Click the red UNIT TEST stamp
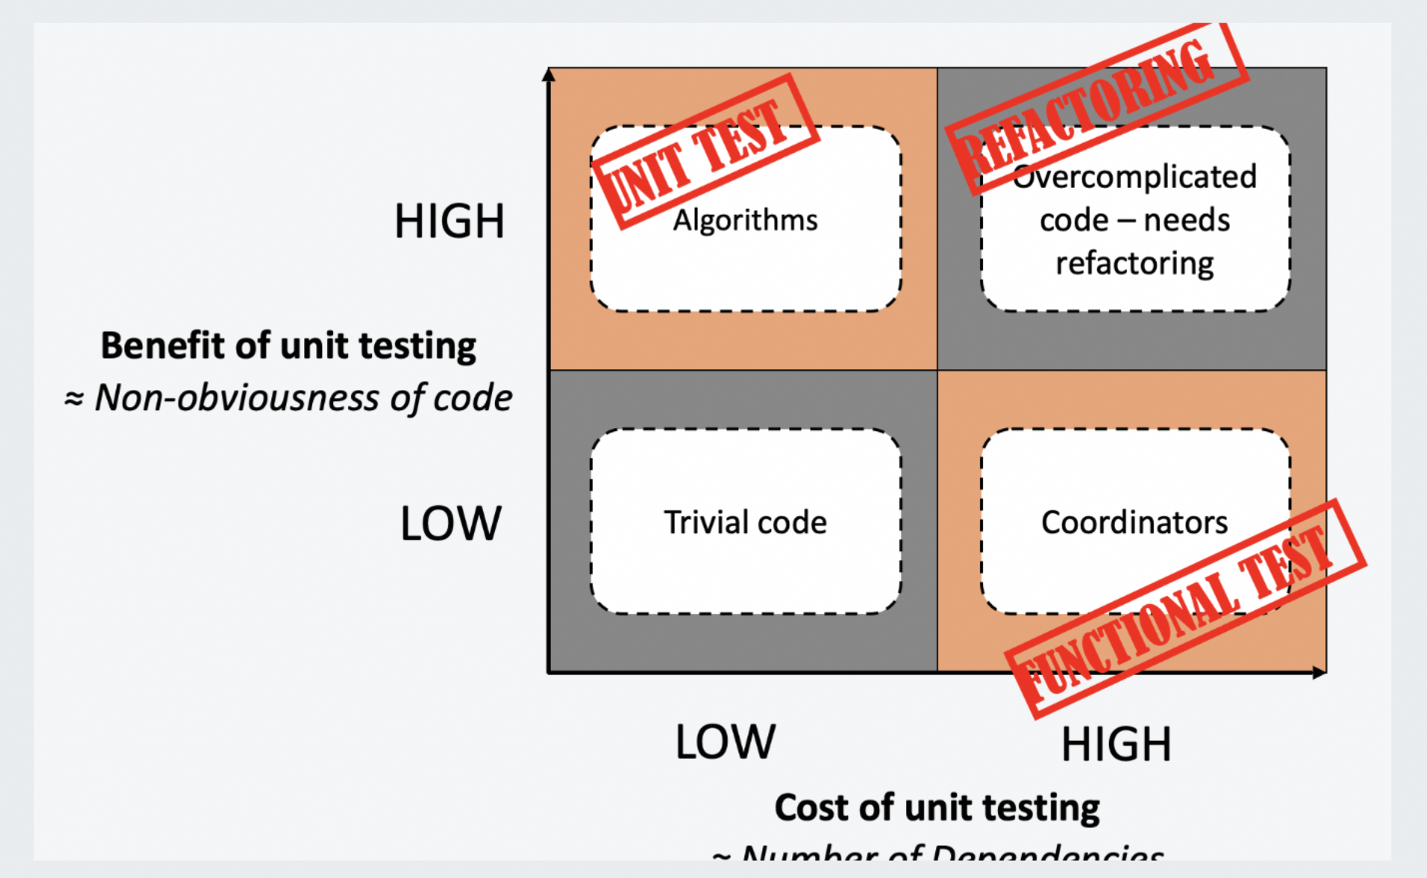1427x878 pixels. tap(704, 150)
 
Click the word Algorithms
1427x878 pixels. tap(745, 221)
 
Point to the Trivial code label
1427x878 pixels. tap(745, 522)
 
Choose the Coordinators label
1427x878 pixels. tap(1134, 522)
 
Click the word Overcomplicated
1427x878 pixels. tap(1135, 177)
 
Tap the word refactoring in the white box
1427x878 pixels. tap(1135, 263)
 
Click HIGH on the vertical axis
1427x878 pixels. tap(449, 222)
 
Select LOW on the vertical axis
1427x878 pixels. tap(451, 523)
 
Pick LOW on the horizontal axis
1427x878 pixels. tap(725, 742)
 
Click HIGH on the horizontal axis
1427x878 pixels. tap(1116, 744)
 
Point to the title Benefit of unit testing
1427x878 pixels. tap(288, 346)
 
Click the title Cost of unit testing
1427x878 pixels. tap(937, 808)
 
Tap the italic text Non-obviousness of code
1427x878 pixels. tap(303, 397)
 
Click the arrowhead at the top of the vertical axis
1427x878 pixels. tap(549, 74)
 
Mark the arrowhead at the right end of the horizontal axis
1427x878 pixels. tap(1319, 673)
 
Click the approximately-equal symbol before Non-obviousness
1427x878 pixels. tap(73, 399)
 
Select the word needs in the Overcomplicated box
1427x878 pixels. tap(1187, 221)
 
